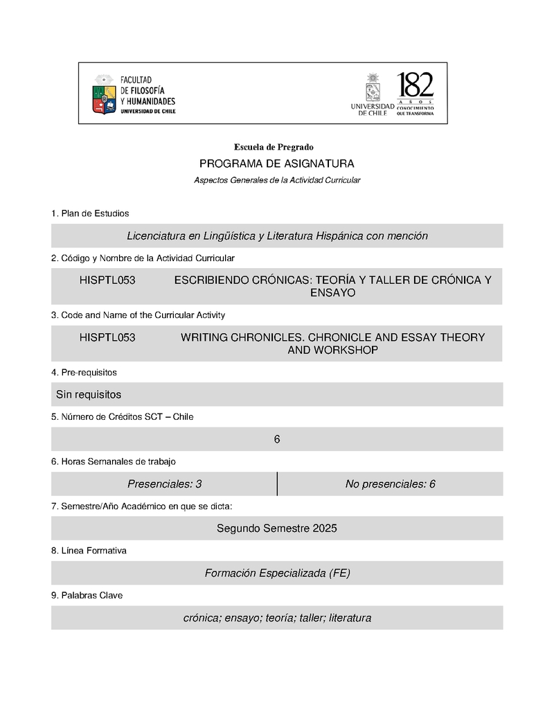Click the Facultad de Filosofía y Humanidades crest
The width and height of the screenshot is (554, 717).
click(x=104, y=95)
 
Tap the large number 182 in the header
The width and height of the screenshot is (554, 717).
click(x=415, y=85)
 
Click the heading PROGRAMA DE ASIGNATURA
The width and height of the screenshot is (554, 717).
click(x=276, y=163)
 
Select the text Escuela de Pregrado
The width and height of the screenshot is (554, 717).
click(x=274, y=147)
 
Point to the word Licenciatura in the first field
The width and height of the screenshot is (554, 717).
click(x=156, y=236)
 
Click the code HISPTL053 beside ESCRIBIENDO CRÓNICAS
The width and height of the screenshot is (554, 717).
click(x=107, y=280)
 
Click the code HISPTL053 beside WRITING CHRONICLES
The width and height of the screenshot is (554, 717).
click(x=107, y=337)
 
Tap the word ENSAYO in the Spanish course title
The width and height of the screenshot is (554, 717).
click(x=332, y=293)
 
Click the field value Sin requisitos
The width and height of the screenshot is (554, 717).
click(x=89, y=395)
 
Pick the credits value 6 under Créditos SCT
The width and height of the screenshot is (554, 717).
click(x=277, y=439)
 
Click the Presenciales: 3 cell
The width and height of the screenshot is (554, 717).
click(x=164, y=484)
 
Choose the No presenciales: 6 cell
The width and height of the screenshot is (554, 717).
click(x=390, y=484)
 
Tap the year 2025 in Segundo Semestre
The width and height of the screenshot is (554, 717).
click(x=324, y=529)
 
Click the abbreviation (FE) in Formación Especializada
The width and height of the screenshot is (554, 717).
click(x=340, y=573)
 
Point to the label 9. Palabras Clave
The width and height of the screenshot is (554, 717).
click(x=87, y=595)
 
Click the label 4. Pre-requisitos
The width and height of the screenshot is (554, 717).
click(x=84, y=372)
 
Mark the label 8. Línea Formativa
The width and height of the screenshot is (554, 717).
click(x=89, y=551)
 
